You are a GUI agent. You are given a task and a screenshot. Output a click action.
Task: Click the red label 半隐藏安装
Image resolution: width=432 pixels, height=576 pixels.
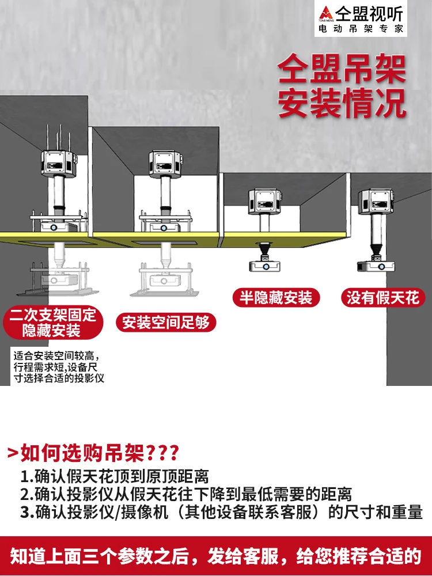[x=276, y=298]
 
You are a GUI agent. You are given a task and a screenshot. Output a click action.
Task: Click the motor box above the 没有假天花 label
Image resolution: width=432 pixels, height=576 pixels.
[x=376, y=201]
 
